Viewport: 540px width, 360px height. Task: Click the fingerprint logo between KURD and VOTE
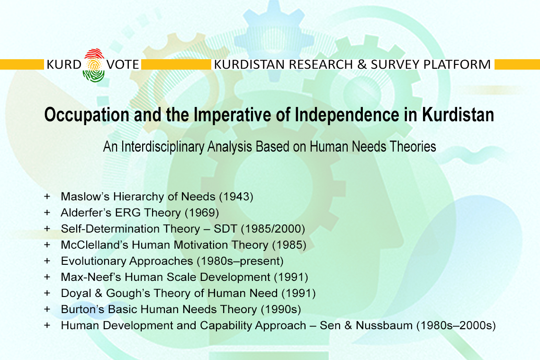click(x=94, y=65)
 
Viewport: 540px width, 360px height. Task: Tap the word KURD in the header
click(x=64, y=64)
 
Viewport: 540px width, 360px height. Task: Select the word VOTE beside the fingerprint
click(x=123, y=64)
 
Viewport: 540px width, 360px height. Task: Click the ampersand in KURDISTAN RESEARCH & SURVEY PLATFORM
click(x=361, y=64)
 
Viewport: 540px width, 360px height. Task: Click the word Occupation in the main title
click(x=87, y=115)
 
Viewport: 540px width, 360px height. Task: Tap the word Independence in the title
click(x=347, y=114)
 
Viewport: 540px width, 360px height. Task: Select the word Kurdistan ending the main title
click(x=458, y=114)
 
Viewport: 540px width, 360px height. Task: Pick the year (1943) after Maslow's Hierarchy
click(x=236, y=197)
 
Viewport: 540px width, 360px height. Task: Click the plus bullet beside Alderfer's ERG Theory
click(x=47, y=213)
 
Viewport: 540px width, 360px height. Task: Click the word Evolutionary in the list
click(x=93, y=261)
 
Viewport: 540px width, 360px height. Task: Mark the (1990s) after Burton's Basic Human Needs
click(x=281, y=309)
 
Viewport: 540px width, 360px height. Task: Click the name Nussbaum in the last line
click(x=384, y=325)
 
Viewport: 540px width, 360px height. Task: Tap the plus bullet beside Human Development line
click(x=47, y=325)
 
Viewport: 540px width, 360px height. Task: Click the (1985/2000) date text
click(x=273, y=229)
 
